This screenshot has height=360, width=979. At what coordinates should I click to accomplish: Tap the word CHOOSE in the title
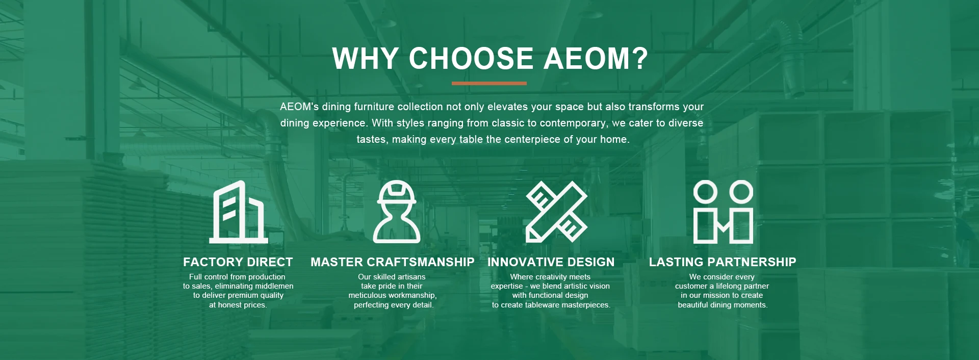[471, 58]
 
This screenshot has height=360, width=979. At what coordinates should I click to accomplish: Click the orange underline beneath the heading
[489, 83]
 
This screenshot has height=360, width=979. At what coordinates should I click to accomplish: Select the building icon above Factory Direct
[239, 212]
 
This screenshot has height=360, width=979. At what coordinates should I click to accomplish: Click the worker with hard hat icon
[397, 211]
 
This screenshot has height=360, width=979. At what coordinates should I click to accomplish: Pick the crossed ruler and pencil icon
[557, 211]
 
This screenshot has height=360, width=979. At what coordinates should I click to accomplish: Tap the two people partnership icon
[723, 212]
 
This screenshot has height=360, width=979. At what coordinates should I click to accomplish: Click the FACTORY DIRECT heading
[238, 262]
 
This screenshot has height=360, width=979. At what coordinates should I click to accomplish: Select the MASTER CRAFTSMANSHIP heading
[393, 262]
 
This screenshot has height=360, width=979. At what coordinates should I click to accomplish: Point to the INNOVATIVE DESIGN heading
[551, 262]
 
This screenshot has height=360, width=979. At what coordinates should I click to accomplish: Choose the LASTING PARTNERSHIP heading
[723, 262]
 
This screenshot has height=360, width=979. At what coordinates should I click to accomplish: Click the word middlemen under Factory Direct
[274, 286]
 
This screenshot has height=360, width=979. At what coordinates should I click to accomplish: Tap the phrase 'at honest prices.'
[238, 305]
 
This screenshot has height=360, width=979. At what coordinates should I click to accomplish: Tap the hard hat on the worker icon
[397, 192]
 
